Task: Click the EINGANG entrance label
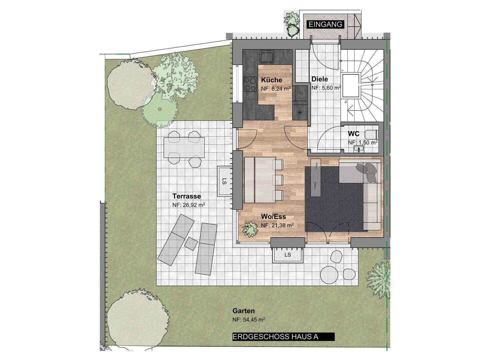pos(326,24)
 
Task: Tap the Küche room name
pos(272,80)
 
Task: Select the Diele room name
pos(320,79)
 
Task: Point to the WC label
pos(354,134)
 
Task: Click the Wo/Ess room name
pos(274,217)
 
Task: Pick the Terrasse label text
pos(186,196)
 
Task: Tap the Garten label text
pos(244,311)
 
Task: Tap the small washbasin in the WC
pos(359,149)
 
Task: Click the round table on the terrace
pos(329,274)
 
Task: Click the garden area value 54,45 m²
pos(249,320)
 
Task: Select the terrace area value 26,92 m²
pos(189,205)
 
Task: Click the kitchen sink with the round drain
pos(301,93)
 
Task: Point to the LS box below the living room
pos(288,255)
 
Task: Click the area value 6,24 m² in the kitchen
pos(276,89)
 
